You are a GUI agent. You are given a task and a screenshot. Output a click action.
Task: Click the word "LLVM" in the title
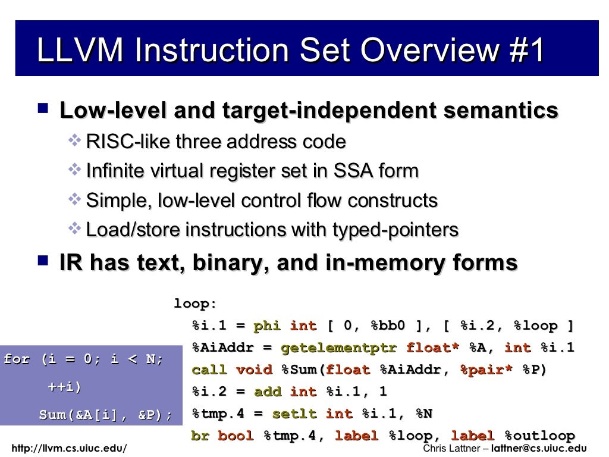[80, 51]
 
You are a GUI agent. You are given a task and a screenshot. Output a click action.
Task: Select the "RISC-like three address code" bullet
[216, 142]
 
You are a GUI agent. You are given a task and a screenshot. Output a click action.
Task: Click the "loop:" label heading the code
[195, 305]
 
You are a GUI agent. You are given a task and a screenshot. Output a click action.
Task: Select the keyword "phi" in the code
[267, 326]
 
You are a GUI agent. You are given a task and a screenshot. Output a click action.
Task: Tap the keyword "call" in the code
[209, 370]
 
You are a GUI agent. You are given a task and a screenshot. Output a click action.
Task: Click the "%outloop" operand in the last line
[539, 436]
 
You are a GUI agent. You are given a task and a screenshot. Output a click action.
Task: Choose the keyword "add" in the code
[268, 392]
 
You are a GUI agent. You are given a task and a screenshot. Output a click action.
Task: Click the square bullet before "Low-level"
[42, 109]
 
